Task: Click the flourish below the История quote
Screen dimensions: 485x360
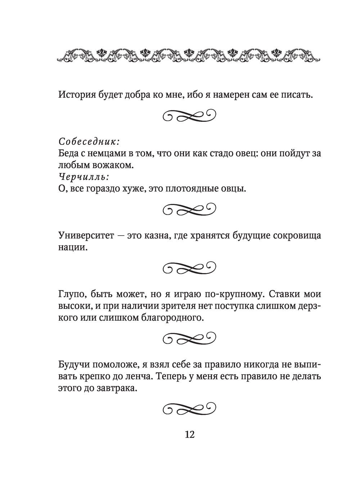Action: pyautogui.click(x=190, y=116)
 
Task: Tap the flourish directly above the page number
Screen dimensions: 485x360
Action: pyautogui.click(x=190, y=408)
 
